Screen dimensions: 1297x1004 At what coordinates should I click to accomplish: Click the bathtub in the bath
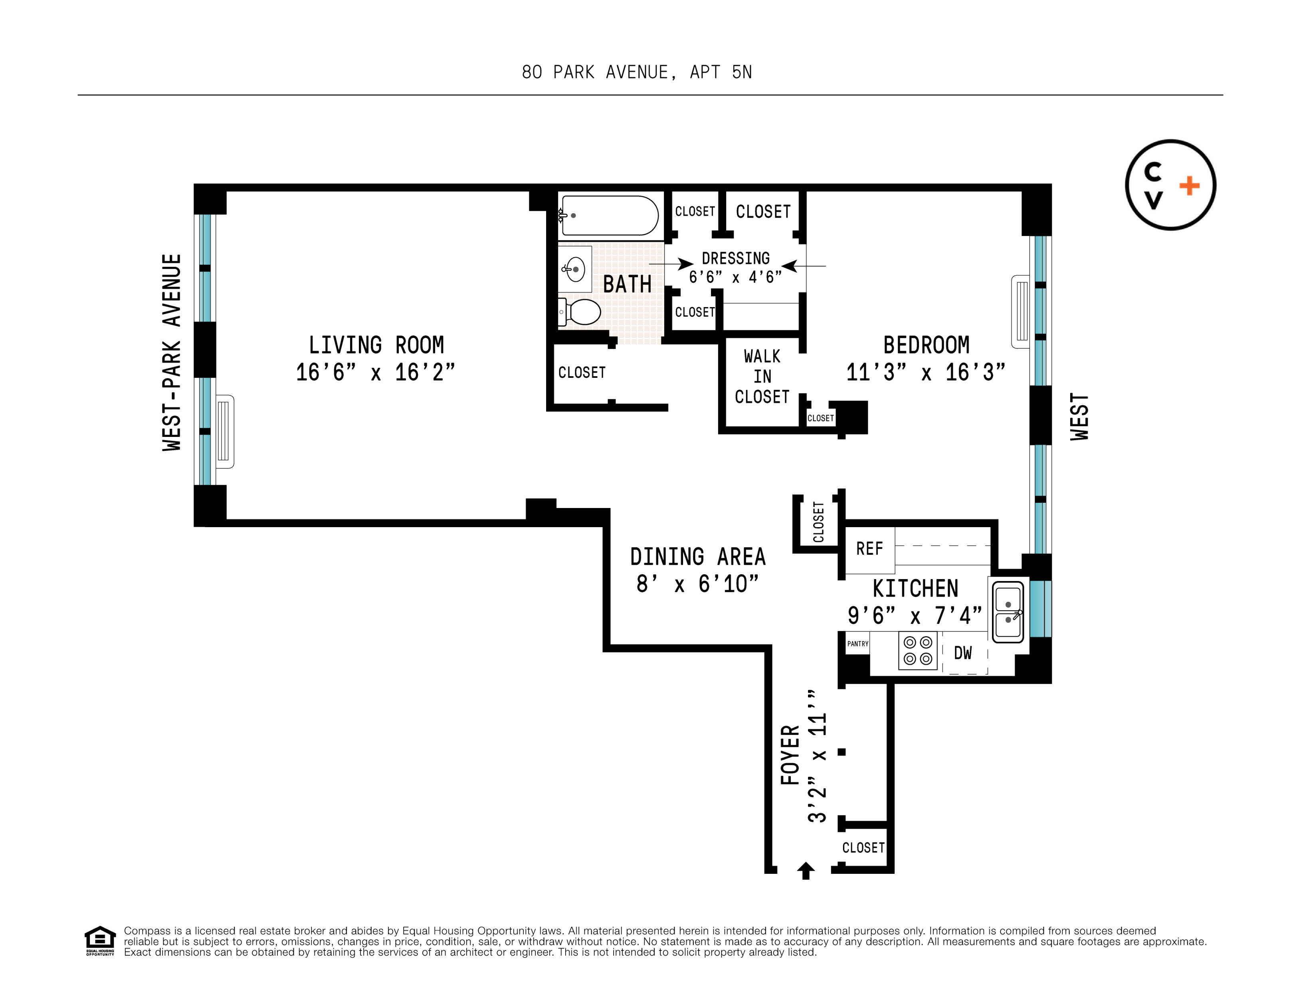point(609,216)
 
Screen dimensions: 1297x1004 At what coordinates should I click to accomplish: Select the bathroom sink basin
point(575,269)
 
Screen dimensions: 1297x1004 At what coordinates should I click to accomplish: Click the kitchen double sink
point(1008,611)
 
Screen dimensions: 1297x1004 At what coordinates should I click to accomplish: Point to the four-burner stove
point(917,651)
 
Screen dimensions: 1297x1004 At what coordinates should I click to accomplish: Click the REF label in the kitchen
point(869,548)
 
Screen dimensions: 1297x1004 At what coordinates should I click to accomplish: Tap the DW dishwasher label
point(962,653)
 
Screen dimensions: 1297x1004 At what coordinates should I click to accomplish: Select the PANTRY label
point(857,643)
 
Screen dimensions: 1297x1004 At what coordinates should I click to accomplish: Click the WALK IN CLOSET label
point(762,377)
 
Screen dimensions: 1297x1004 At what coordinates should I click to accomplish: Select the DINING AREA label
point(698,557)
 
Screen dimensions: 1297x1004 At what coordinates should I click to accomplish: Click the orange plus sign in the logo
point(1190,186)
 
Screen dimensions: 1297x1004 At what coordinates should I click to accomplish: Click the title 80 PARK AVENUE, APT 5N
point(637,72)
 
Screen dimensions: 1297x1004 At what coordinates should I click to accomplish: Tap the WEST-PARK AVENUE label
point(172,352)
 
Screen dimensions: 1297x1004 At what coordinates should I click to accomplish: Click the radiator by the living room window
point(224,432)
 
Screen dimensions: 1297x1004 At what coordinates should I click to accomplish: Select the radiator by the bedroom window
point(1021,311)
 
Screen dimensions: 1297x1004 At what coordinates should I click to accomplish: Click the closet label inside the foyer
point(863,848)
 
